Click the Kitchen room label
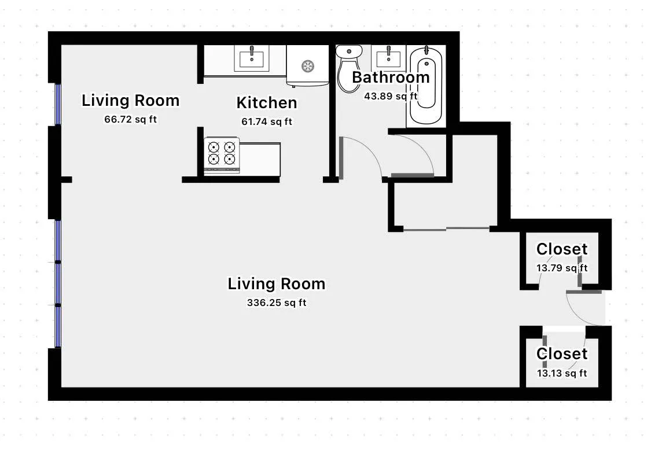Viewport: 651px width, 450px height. (267, 103)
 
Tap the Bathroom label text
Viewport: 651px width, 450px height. (391, 77)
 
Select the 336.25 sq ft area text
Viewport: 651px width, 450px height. (277, 303)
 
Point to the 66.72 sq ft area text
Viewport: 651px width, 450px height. (130, 120)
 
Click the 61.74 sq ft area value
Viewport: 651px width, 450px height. (267, 122)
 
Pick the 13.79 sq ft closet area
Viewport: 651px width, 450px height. (561, 268)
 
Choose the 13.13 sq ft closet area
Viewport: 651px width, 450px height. (561, 373)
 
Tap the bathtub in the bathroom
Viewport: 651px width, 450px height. (426, 87)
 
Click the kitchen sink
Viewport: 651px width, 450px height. (252, 58)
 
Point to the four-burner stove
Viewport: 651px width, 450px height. (222, 154)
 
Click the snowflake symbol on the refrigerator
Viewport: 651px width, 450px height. (308, 66)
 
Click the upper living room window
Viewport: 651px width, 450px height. (58, 104)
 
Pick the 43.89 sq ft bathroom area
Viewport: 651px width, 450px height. (391, 96)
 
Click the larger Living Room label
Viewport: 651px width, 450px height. (277, 284)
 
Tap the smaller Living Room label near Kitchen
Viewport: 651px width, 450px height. (130, 101)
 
